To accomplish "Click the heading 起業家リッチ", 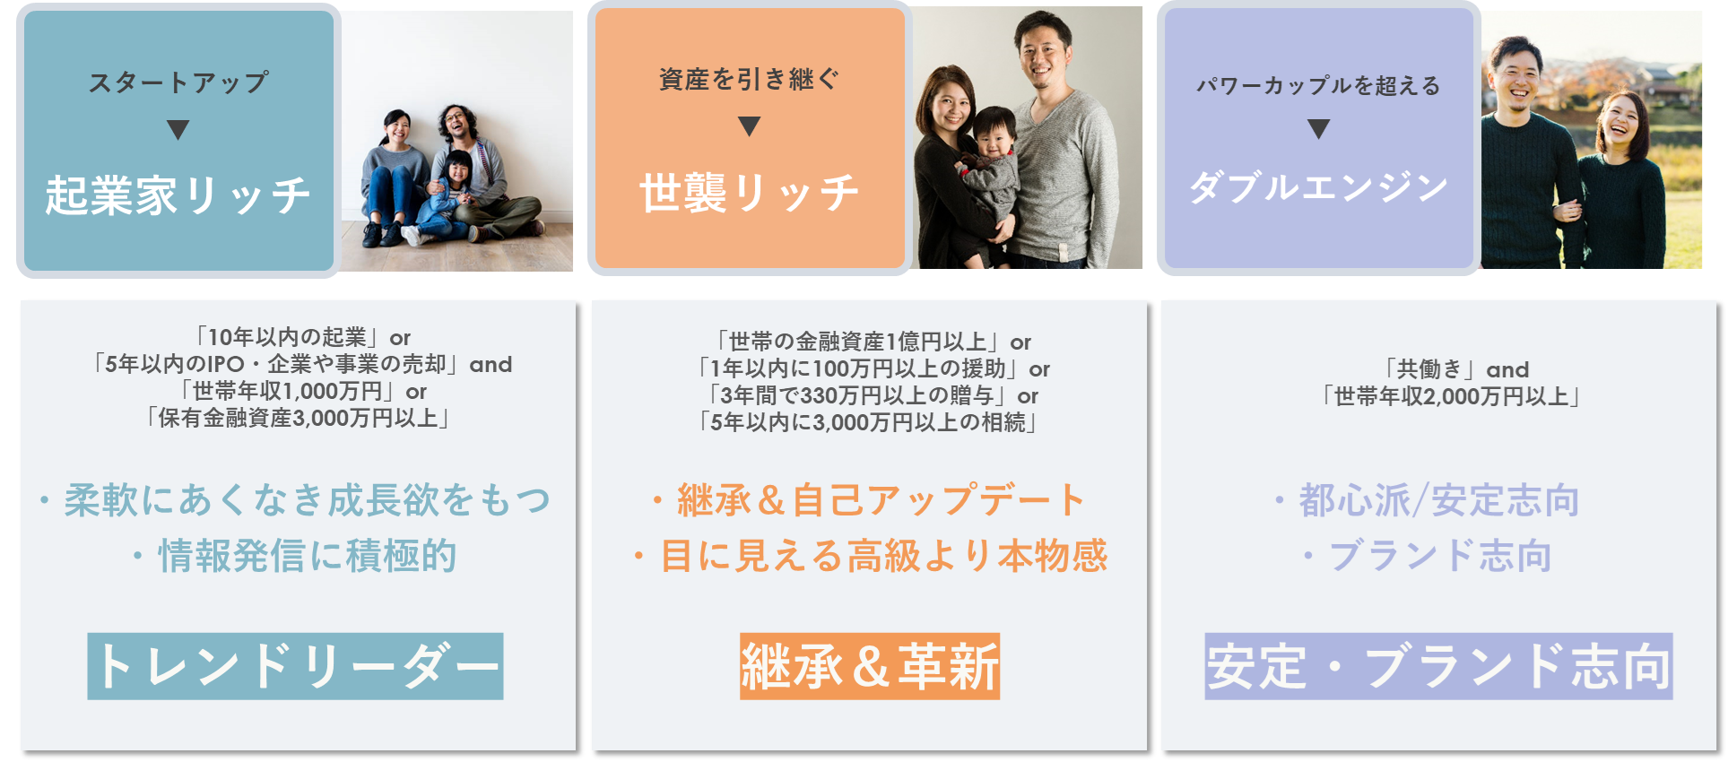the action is (178, 195).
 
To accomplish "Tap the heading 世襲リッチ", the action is (749, 193).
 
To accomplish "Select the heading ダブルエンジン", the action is (1318, 187).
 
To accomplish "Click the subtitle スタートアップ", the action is (178, 82).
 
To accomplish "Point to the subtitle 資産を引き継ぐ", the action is (749, 80).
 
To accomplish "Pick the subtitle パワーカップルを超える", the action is (1318, 85).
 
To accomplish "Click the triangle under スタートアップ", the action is (178, 130).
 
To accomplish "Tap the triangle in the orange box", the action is (749, 126).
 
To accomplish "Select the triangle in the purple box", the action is (1318, 129).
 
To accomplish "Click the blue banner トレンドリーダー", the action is (295, 666).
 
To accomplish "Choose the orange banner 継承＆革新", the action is (869, 666).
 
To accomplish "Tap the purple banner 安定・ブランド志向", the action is (1438, 666).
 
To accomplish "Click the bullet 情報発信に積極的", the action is (296, 556).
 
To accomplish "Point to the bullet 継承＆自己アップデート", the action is (869, 500).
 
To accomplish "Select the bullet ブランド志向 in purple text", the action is (1428, 556).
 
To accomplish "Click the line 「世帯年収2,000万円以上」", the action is (1450, 396).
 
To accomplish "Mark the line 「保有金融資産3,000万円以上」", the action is (299, 418).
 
